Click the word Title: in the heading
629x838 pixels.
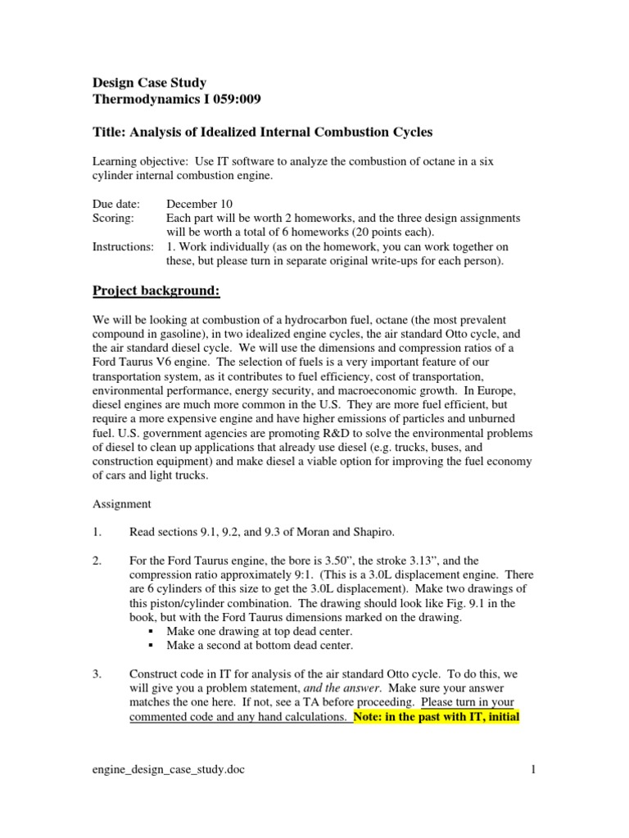110,132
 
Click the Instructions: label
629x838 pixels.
123,247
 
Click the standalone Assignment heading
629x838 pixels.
120,505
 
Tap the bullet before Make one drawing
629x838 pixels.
152,633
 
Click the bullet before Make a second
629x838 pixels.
152,647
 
